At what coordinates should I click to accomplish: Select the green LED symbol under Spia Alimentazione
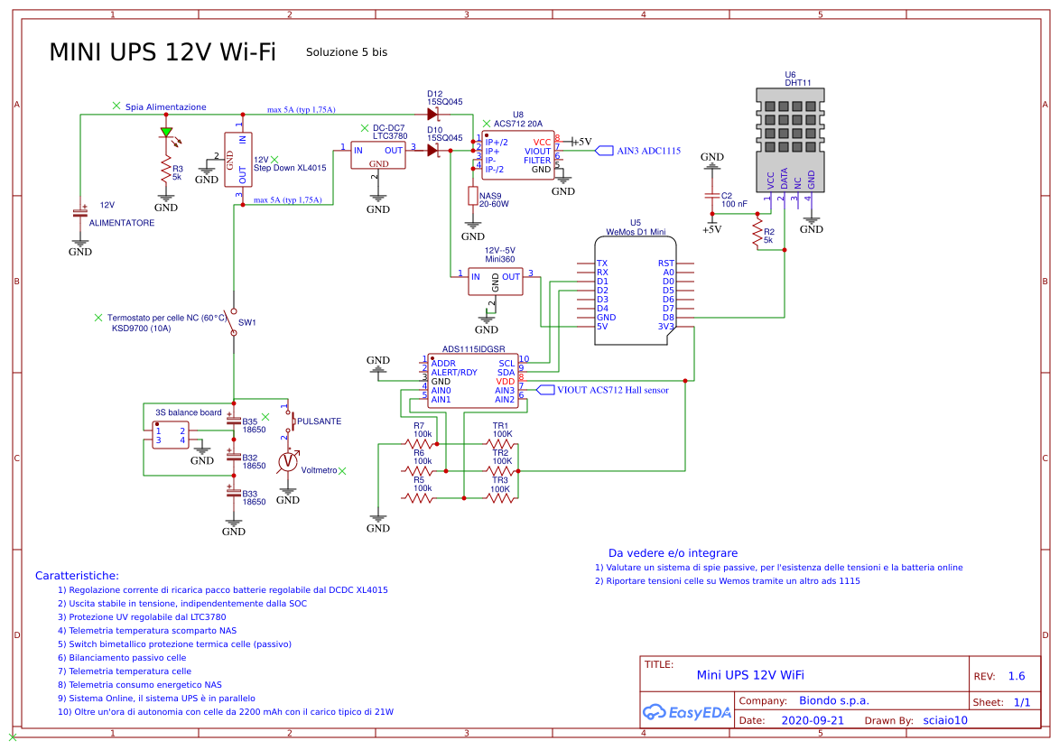click(x=166, y=133)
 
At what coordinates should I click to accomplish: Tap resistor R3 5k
click(x=166, y=171)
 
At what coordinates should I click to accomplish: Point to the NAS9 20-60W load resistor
click(x=472, y=196)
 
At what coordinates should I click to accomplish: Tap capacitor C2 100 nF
click(x=713, y=199)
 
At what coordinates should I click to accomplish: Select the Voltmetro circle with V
click(x=288, y=461)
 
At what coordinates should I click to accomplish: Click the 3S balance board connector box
click(x=170, y=435)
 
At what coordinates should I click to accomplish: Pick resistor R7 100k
click(x=419, y=443)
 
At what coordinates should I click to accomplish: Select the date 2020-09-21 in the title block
click(x=812, y=720)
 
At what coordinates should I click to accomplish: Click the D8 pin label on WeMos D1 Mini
click(x=668, y=318)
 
